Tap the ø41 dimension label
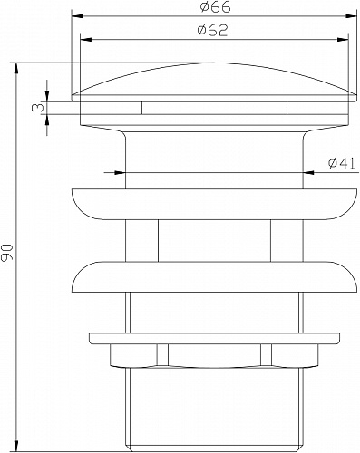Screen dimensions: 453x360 [339, 163]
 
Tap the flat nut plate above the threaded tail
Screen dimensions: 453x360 [214, 339]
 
